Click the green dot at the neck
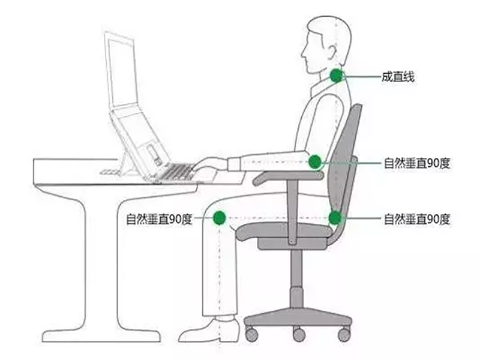337,76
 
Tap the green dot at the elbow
315,161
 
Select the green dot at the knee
219,218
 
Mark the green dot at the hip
335,218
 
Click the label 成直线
398,77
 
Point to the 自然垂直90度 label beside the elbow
417,163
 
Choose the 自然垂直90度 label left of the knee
159,219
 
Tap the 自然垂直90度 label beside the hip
417,219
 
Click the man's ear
333,53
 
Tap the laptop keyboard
178,172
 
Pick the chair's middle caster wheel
299,334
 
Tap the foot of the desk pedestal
101,336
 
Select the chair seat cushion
283,230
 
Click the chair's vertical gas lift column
296,278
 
